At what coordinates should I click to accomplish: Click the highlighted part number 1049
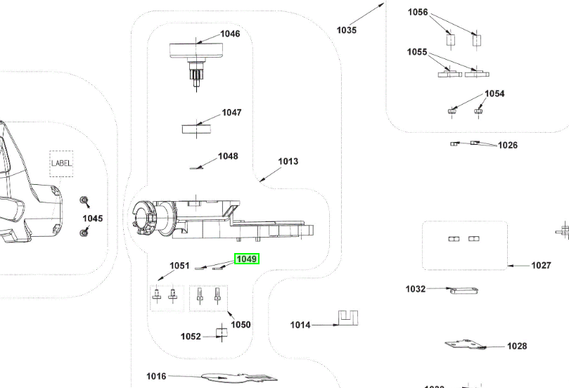click(247, 259)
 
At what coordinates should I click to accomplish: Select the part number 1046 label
click(230, 34)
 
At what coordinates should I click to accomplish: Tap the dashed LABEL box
click(60, 163)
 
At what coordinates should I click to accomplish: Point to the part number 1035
click(346, 30)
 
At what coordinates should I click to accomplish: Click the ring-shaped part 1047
click(196, 128)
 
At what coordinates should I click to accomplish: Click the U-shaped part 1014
click(346, 318)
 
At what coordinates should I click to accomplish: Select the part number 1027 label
click(541, 266)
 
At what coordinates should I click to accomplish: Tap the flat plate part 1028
click(465, 344)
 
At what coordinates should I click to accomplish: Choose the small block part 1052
click(222, 332)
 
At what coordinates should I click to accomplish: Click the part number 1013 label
click(288, 162)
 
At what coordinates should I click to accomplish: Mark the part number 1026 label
click(507, 145)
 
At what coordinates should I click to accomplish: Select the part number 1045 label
click(92, 219)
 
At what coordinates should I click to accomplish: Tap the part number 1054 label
click(494, 94)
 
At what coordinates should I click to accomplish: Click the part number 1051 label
click(179, 266)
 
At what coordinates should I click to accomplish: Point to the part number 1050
click(241, 325)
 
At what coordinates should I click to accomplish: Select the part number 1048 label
click(227, 157)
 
